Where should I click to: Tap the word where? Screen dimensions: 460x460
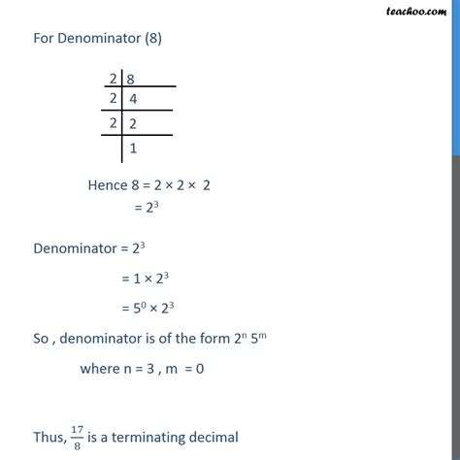click(x=100, y=367)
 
